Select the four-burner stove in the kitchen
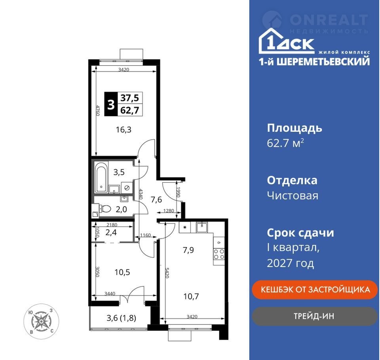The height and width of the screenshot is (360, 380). point(219,254)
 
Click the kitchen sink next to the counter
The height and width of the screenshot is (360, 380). point(201,227)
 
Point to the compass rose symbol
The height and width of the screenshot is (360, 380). point(41,321)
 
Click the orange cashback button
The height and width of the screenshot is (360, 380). point(315,290)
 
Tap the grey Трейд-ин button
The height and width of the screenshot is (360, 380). point(315,316)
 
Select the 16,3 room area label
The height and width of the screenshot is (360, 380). point(123,130)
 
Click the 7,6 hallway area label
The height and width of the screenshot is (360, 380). point(156,200)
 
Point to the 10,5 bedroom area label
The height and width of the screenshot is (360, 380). point(122,272)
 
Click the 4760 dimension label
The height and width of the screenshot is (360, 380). point(98,110)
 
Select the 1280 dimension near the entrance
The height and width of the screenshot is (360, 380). point(169,211)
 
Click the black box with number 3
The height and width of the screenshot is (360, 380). point(111,104)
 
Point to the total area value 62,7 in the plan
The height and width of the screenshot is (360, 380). point(130,110)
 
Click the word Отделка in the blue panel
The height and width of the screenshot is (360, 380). point(292,181)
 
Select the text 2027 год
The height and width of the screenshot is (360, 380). point(290,263)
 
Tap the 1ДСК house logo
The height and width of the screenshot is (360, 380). point(287,41)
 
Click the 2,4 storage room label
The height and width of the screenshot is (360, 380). point(111,233)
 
